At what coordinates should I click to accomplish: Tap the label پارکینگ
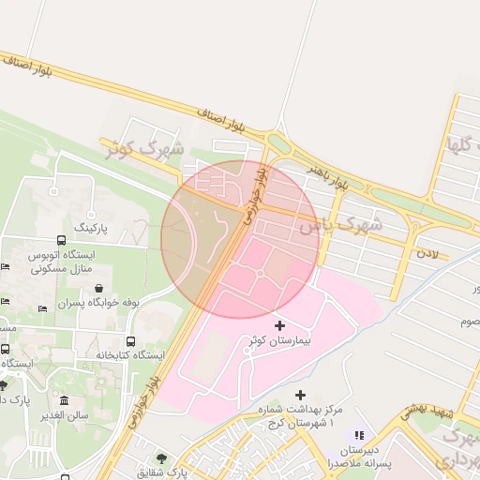point(93,228)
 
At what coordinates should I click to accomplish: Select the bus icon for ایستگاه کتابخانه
point(129,341)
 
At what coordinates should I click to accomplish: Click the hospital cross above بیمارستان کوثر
point(279,324)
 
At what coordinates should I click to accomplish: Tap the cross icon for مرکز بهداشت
point(300,395)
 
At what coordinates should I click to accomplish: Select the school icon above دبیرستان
point(357,435)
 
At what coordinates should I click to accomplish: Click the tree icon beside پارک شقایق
point(161,459)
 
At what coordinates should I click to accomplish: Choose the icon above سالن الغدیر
point(64,400)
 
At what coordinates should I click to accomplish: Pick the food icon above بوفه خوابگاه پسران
point(99,288)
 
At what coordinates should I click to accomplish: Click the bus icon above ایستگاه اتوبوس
point(62,240)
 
